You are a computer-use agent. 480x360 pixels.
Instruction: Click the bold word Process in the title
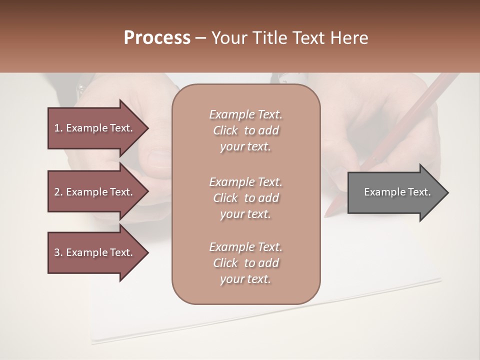tap(157, 38)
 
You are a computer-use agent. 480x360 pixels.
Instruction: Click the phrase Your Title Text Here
tap(289, 38)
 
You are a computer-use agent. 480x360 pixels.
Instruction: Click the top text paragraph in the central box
tap(245, 130)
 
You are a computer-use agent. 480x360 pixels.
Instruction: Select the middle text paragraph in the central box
tap(245, 198)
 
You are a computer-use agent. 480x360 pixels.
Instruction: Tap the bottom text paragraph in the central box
tap(245, 263)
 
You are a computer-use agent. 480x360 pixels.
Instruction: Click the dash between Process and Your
tap(201, 38)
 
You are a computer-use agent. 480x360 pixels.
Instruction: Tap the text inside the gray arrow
tap(397, 192)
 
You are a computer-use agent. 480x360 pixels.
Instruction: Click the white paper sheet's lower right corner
tap(440, 280)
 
